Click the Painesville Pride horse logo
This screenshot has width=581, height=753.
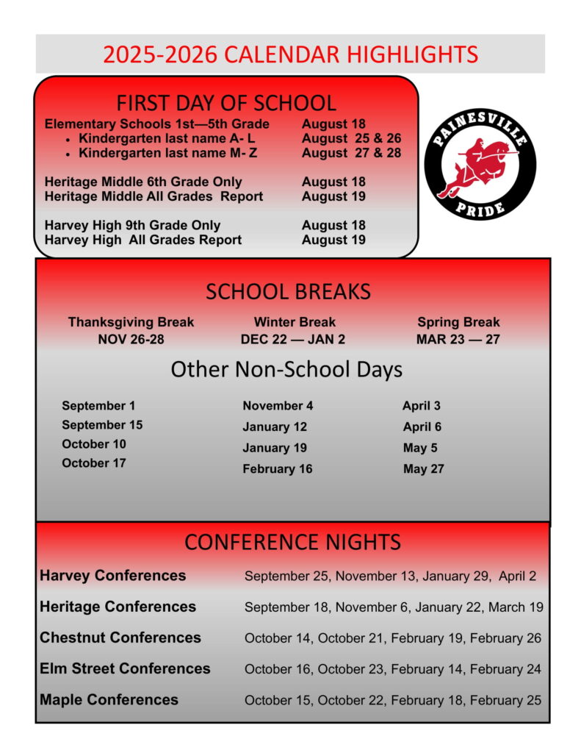pos(480,165)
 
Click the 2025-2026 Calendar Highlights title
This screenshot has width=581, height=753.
pos(290,54)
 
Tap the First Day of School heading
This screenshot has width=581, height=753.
pos(226,103)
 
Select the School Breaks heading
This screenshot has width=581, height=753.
pos(288,292)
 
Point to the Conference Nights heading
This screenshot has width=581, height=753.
pos(292,543)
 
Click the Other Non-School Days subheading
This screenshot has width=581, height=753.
pos(286,369)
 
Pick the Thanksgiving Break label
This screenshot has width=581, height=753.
pos(131,322)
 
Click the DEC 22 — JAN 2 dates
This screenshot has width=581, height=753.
pos(292,340)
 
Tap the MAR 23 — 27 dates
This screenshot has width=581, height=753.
pos(458,340)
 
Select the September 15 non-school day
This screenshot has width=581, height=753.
pos(102,425)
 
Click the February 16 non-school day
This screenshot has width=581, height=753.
pos(277,469)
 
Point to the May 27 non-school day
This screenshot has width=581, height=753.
pos(423,469)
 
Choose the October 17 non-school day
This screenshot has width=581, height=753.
pos(94,463)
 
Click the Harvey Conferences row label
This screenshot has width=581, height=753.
pos(112,576)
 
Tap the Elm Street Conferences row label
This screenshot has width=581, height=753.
pos(125,669)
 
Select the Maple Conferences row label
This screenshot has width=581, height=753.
pos(109,700)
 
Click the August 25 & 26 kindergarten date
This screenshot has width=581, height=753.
pos(351,138)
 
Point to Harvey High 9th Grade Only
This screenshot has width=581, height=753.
pos(132,226)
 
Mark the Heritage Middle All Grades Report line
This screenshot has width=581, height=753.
pos(154,196)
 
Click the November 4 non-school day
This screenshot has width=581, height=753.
pos(278,406)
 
